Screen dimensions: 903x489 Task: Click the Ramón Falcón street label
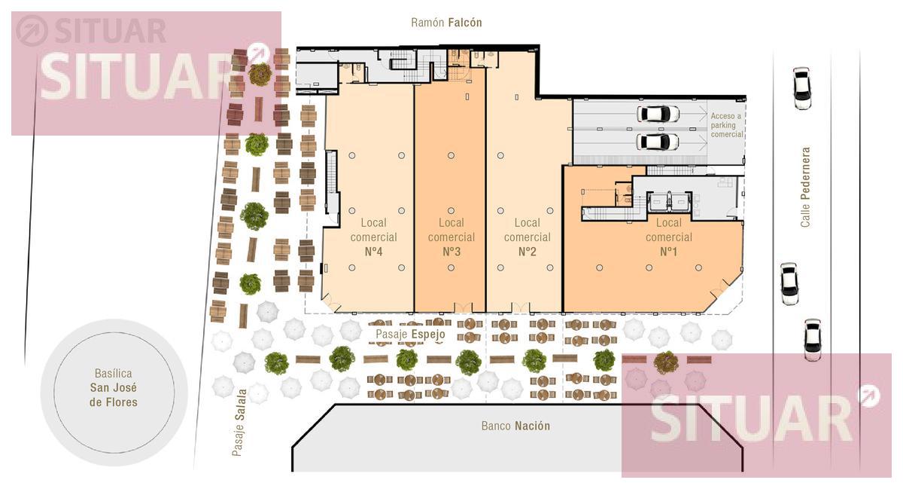coord(446,22)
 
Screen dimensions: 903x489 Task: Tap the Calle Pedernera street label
coord(805,187)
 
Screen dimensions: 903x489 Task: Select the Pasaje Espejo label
coord(410,335)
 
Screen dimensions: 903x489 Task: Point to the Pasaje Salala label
coord(239,423)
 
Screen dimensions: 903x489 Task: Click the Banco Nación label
coord(515,426)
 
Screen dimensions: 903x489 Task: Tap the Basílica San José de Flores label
coord(114,387)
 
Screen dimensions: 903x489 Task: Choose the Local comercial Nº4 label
coord(373,237)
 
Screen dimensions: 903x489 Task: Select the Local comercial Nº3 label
coord(451,237)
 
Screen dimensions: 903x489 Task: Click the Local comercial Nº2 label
coord(527,237)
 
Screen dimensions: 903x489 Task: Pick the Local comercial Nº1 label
coord(668,237)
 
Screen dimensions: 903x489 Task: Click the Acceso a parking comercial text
coord(726,125)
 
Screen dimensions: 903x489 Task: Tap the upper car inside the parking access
coord(658,114)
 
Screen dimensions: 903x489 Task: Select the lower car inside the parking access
coord(657,142)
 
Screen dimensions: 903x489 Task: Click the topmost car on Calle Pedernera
coord(801,88)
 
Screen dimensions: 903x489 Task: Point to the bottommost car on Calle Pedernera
coord(813,340)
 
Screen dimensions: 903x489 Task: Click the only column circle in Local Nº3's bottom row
coord(451,267)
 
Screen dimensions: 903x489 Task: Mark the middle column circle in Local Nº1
coord(649,267)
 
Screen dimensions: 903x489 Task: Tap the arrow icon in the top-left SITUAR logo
coord(32,31)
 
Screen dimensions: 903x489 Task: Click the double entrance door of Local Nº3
coord(464,307)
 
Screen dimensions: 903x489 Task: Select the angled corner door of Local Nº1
coord(720,290)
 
